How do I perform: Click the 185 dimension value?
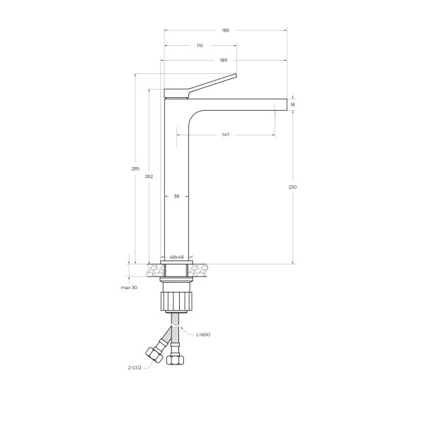tap(226, 30)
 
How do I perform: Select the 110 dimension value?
tap(200, 45)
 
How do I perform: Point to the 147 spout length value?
tap(226, 135)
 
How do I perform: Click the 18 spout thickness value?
tap(293, 104)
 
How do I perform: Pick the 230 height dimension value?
tap(293, 187)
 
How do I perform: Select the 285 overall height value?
tap(135, 168)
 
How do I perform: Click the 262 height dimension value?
tap(149, 176)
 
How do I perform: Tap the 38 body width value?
tap(176, 197)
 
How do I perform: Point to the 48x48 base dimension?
tap(176, 257)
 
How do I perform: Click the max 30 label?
tap(128, 288)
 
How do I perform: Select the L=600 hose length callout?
tap(203, 334)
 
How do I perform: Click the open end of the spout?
tap(286, 104)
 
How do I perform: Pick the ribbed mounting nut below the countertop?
tap(176, 299)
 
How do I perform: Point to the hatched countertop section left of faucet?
tap(154, 270)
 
